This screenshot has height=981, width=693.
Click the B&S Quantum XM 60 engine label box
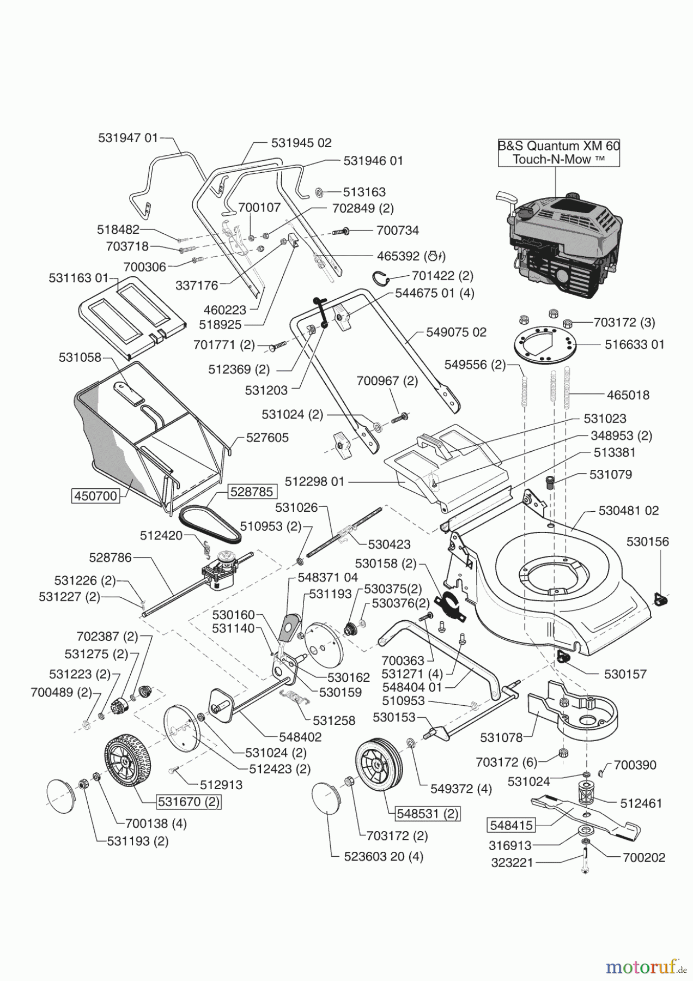[559, 153]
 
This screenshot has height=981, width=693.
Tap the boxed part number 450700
[95, 496]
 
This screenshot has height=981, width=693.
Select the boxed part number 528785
[252, 491]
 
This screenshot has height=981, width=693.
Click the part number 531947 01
[128, 138]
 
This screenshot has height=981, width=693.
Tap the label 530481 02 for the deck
[628, 511]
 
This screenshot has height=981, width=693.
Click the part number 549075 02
[456, 332]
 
